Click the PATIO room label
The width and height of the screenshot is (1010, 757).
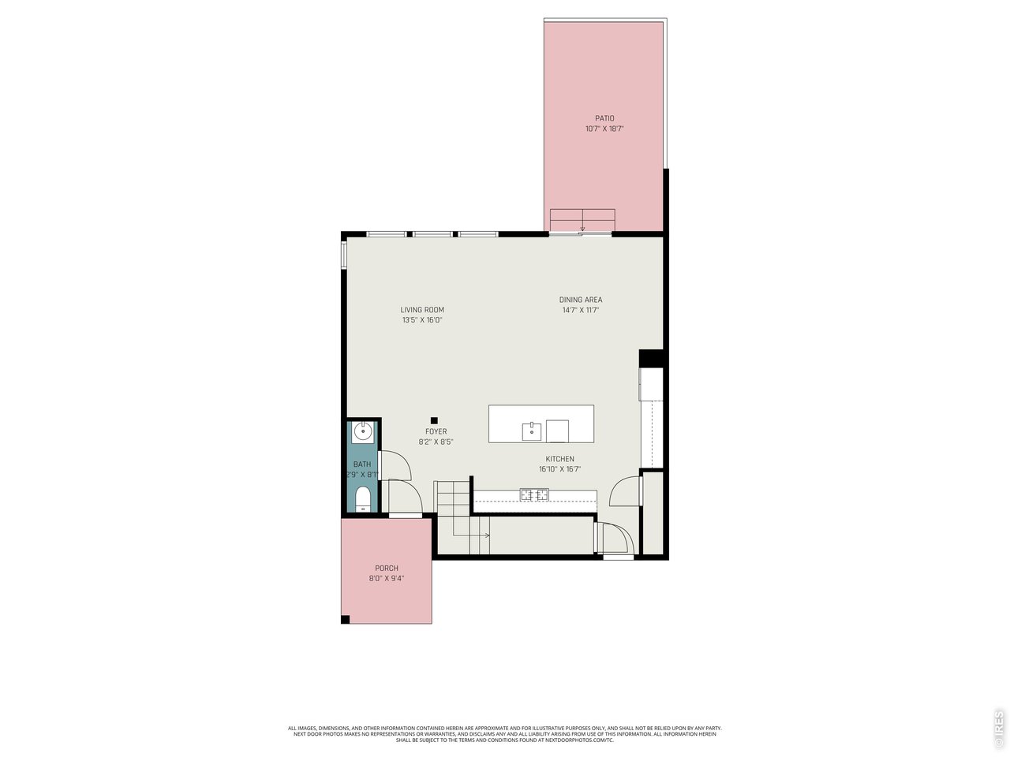604,118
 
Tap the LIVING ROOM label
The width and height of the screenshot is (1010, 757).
422,310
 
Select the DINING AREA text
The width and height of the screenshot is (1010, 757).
580,300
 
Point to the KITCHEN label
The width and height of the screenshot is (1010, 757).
559,459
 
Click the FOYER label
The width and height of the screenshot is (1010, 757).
436,431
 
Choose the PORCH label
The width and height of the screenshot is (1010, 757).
387,568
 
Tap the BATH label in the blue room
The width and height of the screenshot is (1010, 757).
362,464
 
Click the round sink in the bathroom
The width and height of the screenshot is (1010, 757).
363,431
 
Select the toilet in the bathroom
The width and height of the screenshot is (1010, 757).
363,499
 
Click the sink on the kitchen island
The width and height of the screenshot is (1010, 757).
532,431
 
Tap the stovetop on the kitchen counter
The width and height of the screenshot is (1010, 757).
534,494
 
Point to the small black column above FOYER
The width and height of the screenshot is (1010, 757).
434,420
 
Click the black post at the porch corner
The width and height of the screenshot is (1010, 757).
345,620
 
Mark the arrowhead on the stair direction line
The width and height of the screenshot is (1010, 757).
487,535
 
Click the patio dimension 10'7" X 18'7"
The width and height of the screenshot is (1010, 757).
604,129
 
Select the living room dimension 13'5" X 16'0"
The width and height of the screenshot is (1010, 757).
422,320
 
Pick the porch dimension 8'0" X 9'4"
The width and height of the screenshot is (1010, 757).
387,578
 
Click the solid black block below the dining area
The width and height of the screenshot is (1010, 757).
652,359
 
